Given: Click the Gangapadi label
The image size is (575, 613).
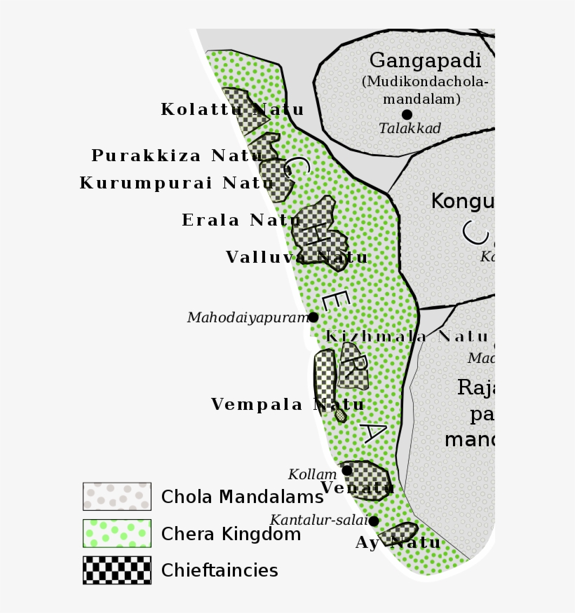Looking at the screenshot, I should (425, 61).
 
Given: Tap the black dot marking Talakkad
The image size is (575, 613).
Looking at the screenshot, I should (407, 114).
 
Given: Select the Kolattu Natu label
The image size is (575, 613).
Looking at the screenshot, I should (232, 110).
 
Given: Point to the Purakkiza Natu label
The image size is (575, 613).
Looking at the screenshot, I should (177, 156).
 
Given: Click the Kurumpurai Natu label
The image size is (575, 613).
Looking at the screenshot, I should (177, 184).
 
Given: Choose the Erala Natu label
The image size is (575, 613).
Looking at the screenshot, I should (241, 220).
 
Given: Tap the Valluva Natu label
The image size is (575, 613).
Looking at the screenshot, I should (297, 258).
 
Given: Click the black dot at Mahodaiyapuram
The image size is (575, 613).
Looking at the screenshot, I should (313, 317).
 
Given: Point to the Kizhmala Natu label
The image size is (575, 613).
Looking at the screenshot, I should (407, 336).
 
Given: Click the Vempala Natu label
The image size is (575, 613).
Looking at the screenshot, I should (287, 404).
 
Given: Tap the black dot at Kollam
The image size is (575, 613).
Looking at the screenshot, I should (346, 470).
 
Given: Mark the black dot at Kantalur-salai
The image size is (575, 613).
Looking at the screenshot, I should (374, 521).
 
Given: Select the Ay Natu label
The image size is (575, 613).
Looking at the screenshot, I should (398, 543).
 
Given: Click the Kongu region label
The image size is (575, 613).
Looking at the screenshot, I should (463, 202).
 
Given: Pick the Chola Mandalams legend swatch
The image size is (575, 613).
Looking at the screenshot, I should (116, 496).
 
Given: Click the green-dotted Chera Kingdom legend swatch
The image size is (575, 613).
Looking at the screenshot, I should (116, 533).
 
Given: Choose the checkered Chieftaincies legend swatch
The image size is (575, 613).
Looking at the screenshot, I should (116, 570).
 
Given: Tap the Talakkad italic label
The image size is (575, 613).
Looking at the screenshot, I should (410, 129).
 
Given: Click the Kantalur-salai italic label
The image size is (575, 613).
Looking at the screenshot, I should (318, 521).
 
